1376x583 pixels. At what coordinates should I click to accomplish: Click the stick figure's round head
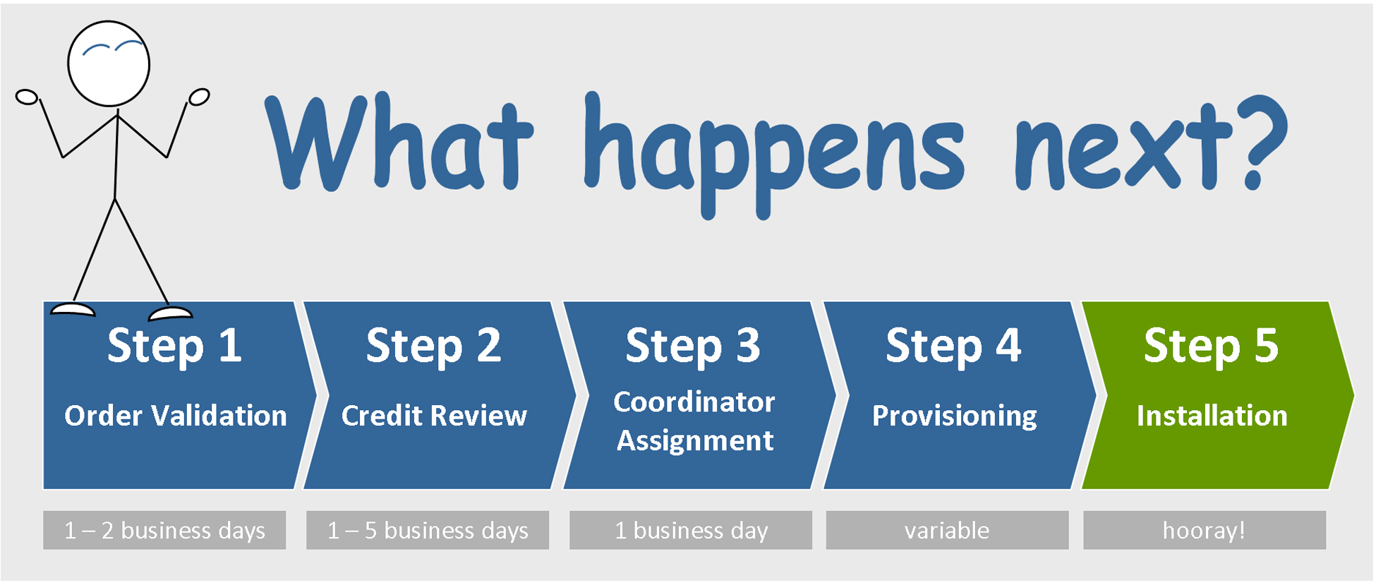click(109, 64)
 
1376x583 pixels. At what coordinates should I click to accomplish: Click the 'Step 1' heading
click(174, 346)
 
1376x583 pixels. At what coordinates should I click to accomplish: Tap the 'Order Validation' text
click(176, 416)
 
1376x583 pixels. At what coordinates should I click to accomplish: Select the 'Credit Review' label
click(434, 416)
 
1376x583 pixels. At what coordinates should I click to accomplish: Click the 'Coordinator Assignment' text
click(694, 421)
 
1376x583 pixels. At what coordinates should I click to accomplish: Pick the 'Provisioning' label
click(955, 416)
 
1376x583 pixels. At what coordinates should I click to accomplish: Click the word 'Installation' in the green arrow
click(1212, 416)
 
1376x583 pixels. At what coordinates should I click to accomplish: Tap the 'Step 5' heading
click(1211, 346)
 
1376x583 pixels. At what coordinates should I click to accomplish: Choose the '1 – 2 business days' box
click(164, 530)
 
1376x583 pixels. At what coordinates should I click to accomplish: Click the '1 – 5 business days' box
click(428, 530)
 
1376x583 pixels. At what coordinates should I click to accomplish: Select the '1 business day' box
click(691, 530)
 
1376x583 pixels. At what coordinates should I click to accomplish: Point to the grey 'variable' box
click(947, 530)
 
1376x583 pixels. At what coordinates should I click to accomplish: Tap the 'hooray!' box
click(1205, 530)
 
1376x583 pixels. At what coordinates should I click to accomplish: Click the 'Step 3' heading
click(693, 346)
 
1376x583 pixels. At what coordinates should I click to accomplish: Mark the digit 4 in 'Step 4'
click(1008, 345)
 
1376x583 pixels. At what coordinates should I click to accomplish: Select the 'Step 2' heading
click(433, 346)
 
